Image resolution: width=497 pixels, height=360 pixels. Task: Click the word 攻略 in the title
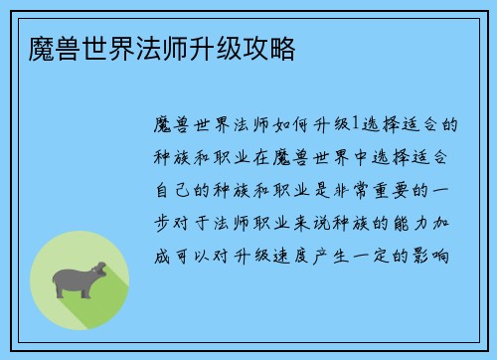pyautogui.click(x=268, y=45)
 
